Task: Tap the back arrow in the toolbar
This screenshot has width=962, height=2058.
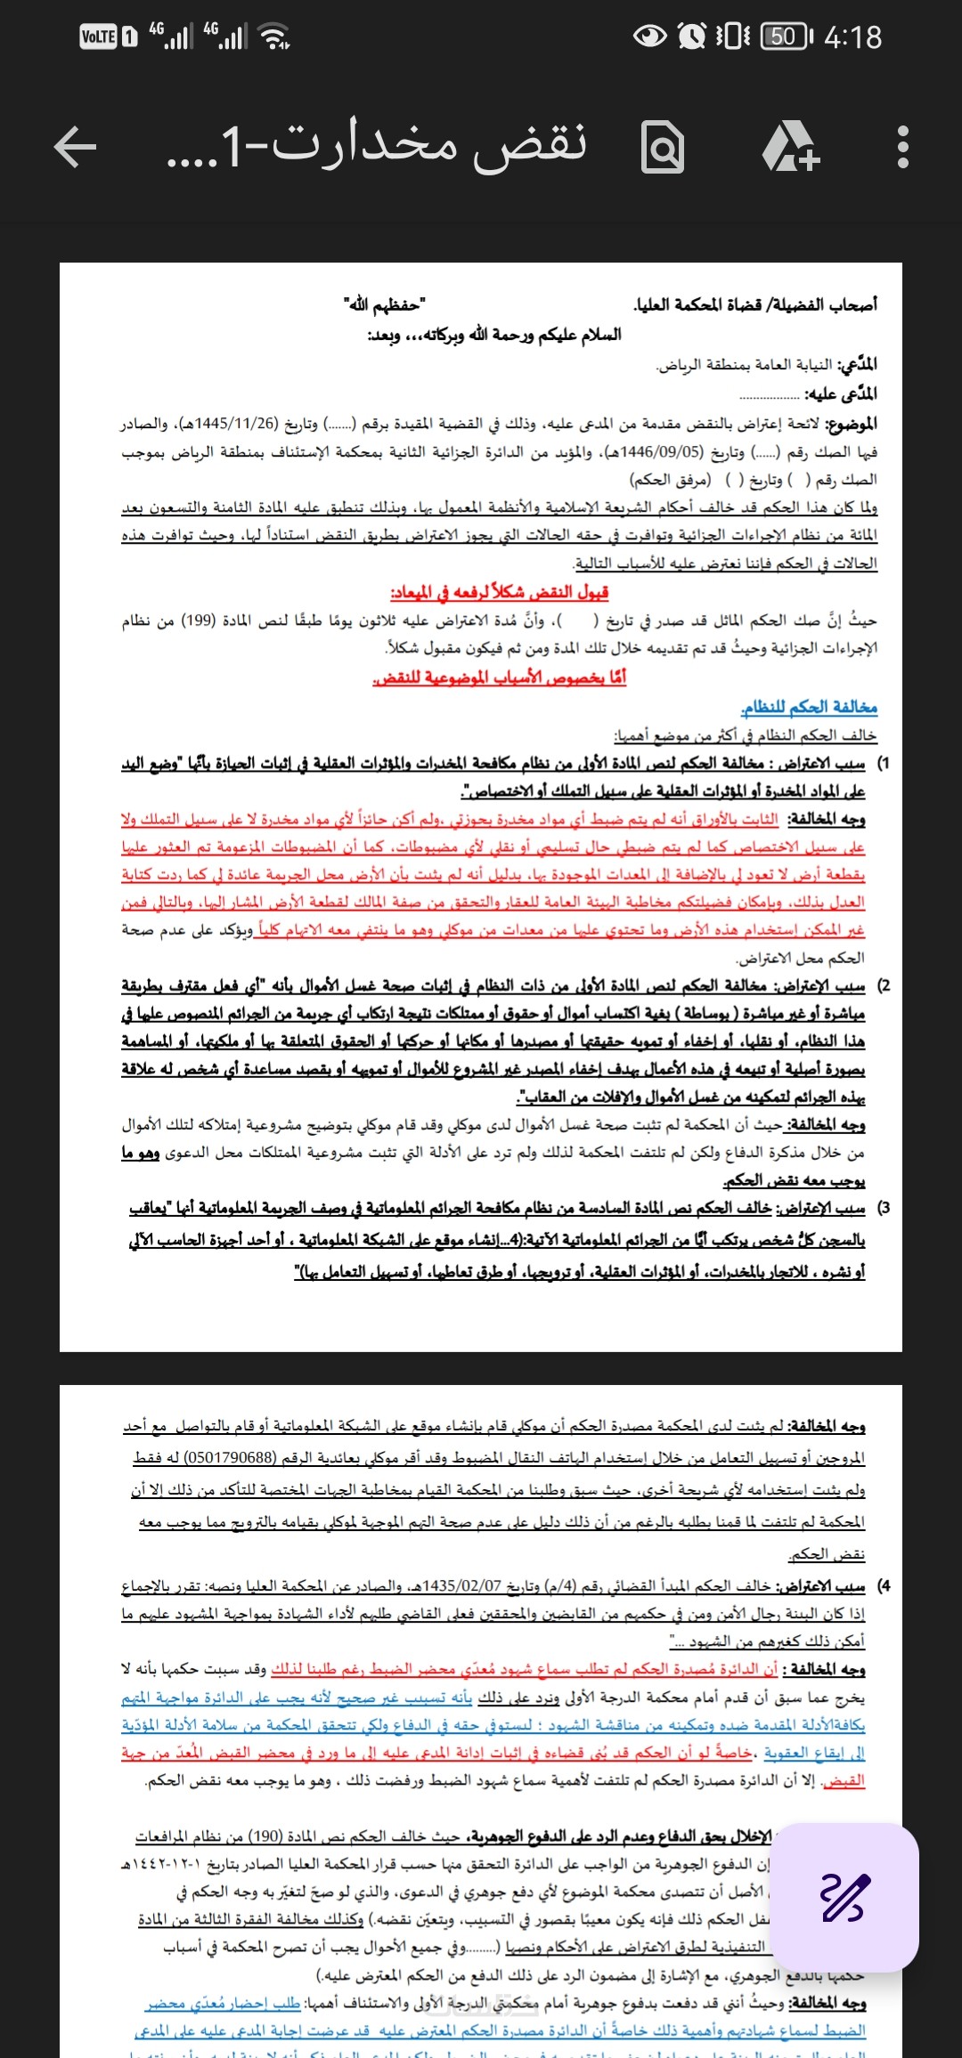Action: pyautogui.click(x=76, y=147)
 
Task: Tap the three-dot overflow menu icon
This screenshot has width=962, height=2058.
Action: pyautogui.click(x=902, y=147)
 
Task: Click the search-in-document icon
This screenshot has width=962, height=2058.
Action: pyautogui.click(x=664, y=148)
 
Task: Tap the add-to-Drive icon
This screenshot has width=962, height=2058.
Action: pyautogui.click(x=790, y=147)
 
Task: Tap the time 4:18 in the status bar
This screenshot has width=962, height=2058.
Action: pyautogui.click(x=852, y=37)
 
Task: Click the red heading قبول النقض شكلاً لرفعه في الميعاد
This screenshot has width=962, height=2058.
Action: pyautogui.click(x=499, y=592)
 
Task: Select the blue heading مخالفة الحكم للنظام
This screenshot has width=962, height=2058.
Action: pyautogui.click(x=809, y=707)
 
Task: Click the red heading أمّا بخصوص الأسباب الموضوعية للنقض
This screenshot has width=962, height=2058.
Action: pyautogui.click(x=499, y=677)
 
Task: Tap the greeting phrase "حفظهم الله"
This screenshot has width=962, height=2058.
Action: pyautogui.click(x=385, y=305)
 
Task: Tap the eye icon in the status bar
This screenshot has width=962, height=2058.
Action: pyautogui.click(x=650, y=36)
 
